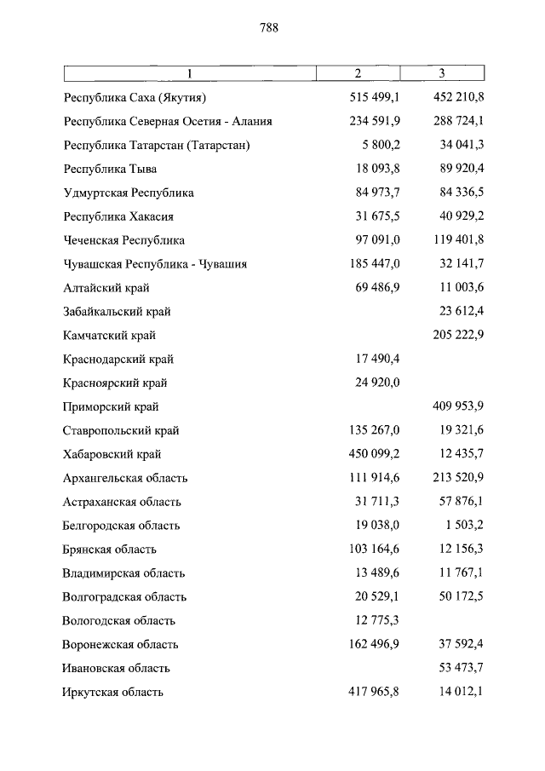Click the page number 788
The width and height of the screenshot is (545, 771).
tap(269, 27)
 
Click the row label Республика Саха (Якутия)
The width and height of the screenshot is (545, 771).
tap(135, 97)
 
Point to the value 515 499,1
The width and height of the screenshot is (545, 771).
tap(375, 97)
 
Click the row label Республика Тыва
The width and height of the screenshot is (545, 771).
tap(110, 169)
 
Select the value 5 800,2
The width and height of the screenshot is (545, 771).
tap(380, 145)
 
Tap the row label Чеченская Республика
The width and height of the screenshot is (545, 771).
tap(123, 240)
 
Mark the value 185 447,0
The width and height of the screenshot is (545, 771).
tap(375, 264)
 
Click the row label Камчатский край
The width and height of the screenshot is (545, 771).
tap(109, 336)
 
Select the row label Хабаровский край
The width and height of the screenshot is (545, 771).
tap(112, 454)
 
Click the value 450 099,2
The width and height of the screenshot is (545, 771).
tap(375, 454)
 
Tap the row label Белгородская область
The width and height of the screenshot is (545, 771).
tap(121, 526)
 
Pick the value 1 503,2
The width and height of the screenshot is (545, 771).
tap(463, 526)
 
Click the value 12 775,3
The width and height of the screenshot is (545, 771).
tap(377, 620)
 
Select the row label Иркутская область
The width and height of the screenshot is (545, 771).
tap(112, 692)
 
